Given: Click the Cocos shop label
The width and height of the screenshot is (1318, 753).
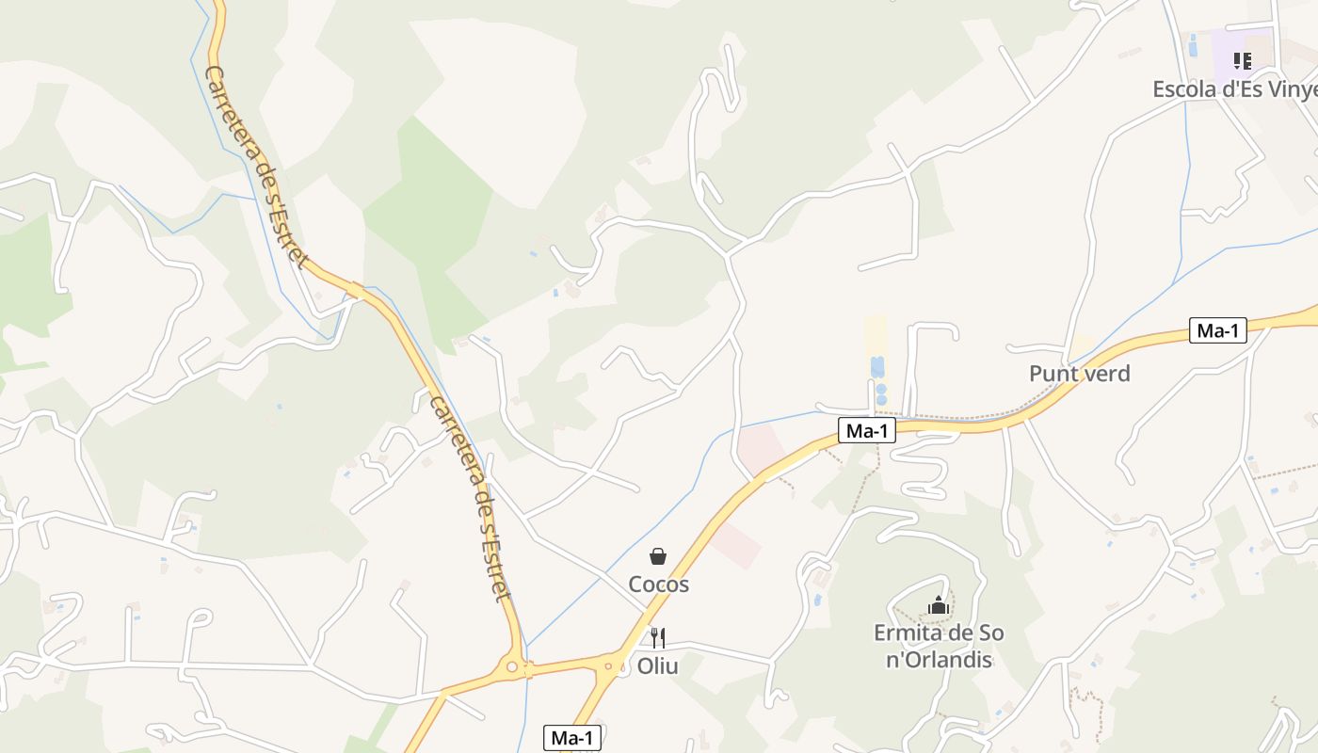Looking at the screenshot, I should point(658,585).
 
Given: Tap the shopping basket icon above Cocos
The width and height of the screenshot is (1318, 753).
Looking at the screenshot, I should point(658,557).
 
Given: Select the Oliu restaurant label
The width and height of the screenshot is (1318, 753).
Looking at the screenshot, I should point(657,666).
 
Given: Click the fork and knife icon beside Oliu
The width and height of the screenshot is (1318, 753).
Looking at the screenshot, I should point(658,638).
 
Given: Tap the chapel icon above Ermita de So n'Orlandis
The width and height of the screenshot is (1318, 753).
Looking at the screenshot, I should point(938,605).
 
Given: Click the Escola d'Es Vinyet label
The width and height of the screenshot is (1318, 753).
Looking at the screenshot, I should point(1234,89).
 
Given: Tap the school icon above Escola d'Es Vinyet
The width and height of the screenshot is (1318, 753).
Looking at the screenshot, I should point(1243,61).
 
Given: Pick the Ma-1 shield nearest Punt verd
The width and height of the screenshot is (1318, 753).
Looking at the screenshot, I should point(1217,330).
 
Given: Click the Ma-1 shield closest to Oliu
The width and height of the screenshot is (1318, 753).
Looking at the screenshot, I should point(571,739).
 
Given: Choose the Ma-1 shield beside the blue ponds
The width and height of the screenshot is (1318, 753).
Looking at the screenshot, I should point(867,431).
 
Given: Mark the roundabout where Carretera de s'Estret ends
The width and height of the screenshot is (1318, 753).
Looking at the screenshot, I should point(512,667).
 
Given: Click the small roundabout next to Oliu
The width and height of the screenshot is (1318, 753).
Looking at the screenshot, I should point(609,667).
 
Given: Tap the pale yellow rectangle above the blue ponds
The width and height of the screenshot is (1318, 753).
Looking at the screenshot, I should point(876,334).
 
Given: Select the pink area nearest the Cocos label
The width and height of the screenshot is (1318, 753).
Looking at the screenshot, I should point(735,545).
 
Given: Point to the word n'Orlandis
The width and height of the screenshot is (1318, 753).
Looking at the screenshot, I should point(939,659).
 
